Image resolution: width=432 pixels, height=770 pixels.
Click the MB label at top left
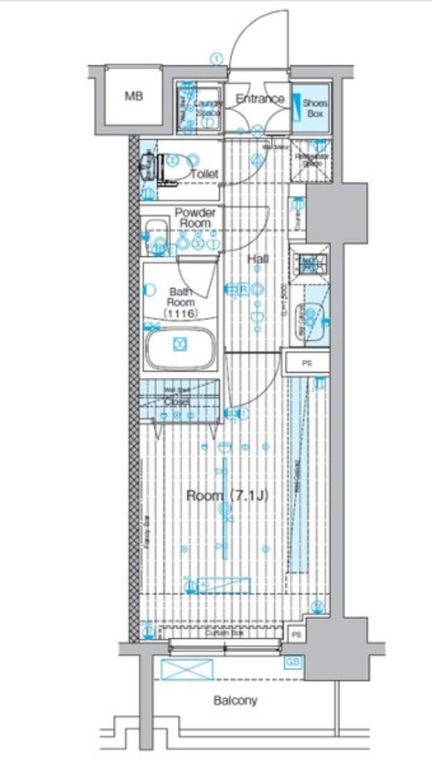pos(133,97)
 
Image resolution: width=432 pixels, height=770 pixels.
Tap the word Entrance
pos(260,99)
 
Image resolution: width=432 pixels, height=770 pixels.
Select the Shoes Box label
pos(314,108)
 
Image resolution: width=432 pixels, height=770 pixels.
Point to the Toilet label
pos(204,174)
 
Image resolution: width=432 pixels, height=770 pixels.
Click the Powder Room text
pos(195,217)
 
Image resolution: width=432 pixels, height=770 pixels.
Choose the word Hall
pos(258,259)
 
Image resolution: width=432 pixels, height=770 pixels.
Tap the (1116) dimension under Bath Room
pos(182,314)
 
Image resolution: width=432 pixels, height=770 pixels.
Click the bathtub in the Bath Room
pos(181,345)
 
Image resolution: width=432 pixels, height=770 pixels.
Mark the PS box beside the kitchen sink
pos(306,363)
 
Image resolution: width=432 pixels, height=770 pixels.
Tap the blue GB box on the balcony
pos(293,662)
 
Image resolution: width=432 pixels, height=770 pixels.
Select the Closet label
pos(178,401)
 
